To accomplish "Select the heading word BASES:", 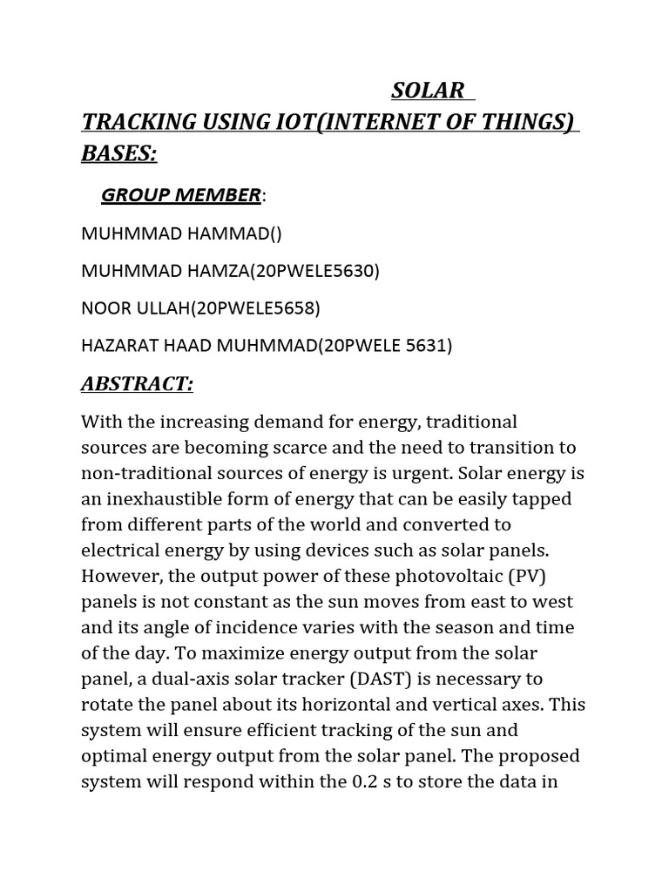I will click(x=119, y=153).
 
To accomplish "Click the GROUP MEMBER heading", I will click(x=180, y=195).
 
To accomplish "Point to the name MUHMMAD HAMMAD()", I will click(x=181, y=233).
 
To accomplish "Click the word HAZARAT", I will click(x=116, y=346).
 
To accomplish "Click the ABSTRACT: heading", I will click(x=137, y=384).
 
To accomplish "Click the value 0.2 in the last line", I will click(x=366, y=781).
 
